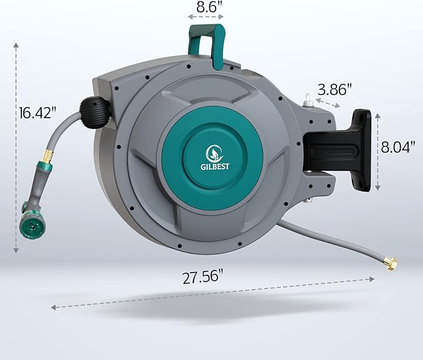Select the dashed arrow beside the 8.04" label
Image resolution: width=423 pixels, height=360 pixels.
378,149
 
